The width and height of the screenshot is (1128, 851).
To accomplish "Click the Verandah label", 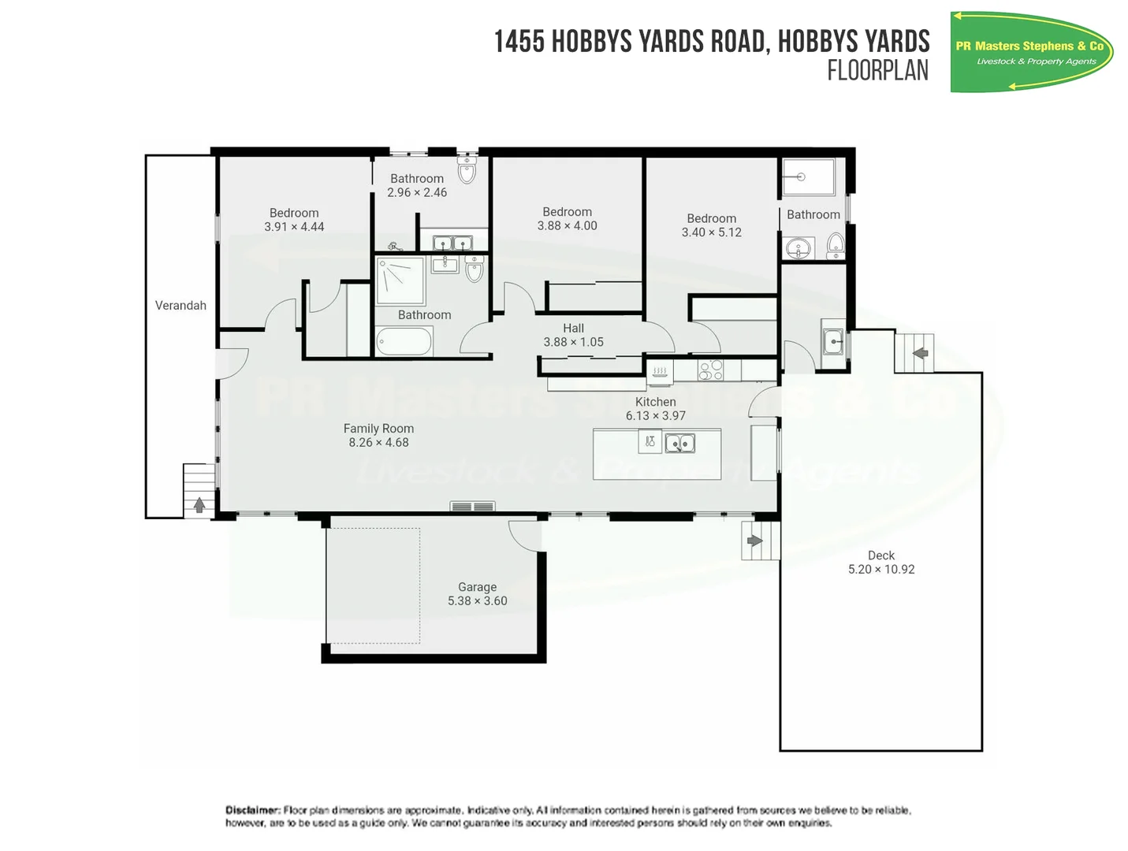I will (x=181, y=306).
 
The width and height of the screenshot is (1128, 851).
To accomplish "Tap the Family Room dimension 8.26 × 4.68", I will (x=378, y=443).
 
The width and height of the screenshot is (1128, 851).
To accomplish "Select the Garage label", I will (x=477, y=587).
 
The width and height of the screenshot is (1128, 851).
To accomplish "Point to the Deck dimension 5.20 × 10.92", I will (x=881, y=570).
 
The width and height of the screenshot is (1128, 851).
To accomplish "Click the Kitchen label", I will (x=655, y=402).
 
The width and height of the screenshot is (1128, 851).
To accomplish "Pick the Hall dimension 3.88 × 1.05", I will (x=573, y=342).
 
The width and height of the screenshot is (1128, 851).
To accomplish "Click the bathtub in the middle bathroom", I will (x=404, y=342).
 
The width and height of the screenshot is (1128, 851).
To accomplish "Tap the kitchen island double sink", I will (x=680, y=444).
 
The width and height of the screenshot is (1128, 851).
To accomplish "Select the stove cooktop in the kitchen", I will (x=710, y=370).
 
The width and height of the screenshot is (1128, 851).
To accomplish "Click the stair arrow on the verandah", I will (x=199, y=505).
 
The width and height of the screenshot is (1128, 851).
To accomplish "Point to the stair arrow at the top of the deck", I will (x=919, y=353).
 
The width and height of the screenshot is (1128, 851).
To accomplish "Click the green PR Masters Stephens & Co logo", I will (x=1030, y=53).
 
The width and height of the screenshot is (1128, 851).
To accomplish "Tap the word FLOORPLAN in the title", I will (x=877, y=71).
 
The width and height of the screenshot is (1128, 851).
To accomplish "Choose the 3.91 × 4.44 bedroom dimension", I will (x=294, y=227).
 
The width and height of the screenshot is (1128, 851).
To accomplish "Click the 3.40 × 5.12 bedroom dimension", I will (x=711, y=232).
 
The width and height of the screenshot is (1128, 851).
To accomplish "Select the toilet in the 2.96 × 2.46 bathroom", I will (x=467, y=172).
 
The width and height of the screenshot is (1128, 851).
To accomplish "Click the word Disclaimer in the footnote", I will (x=252, y=810).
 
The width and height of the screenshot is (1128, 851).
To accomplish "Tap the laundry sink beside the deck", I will (x=833, y=343).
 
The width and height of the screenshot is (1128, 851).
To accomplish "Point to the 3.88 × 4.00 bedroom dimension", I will (x=567, y=226).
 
